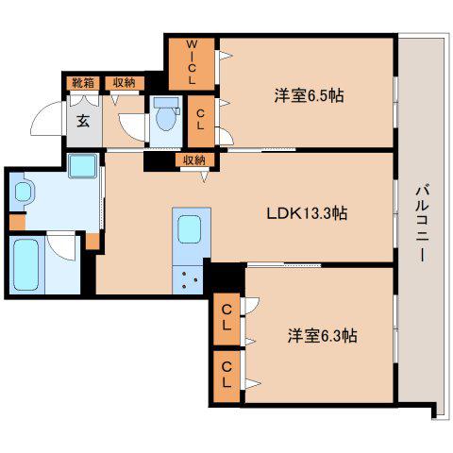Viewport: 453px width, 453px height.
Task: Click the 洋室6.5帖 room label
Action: pos(309,95)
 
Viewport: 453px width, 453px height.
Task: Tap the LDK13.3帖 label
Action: pos(307,214)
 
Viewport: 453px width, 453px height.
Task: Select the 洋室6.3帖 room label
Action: pos(322,336)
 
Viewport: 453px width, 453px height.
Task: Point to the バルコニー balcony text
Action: pos(422,224)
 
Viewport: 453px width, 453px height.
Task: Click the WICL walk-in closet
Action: pos(192,64)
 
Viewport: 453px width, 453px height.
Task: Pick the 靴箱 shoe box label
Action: pos(83,83)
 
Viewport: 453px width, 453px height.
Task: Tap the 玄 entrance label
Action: pos(83,121)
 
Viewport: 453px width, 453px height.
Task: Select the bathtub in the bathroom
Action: pos(26,265)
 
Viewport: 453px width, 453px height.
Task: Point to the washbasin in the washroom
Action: pos(23,192)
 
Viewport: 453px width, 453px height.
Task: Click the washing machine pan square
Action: pos(82,166)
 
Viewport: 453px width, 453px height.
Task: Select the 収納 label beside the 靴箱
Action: pos(125,83)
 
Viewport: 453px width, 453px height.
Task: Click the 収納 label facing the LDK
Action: pos(194,160)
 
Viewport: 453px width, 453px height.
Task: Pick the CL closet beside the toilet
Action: pos(201,121)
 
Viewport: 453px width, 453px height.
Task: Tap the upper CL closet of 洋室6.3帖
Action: pos(226,318)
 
